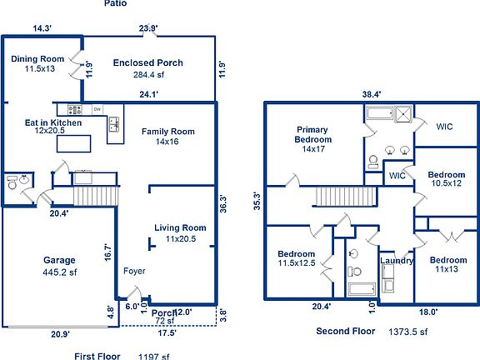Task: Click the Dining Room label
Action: coord(37,59)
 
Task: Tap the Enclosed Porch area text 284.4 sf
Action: coord(148,75)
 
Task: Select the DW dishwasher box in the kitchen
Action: coord(97,109)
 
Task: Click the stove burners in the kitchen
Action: coord(75,109)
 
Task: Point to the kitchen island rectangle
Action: coord(74,143)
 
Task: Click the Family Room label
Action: coord(168,132)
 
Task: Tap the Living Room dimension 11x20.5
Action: coord(181,239)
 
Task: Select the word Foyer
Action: coord(134,271)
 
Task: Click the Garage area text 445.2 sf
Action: coord(60,272)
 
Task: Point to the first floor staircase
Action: coord(96,196)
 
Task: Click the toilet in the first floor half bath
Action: coord(12,182)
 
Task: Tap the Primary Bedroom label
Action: coord(312,135)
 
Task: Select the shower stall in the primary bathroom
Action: coord(403,114)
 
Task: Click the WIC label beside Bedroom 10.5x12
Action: coord(397,176)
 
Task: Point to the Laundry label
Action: coord(397,261)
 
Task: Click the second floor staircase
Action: coord(346,197)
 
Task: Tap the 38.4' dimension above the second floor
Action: coord(372,94)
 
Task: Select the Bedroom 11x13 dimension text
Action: coord(447,269)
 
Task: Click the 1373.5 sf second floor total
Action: coord(408,332)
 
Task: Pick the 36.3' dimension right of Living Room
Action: coord(222,204)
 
